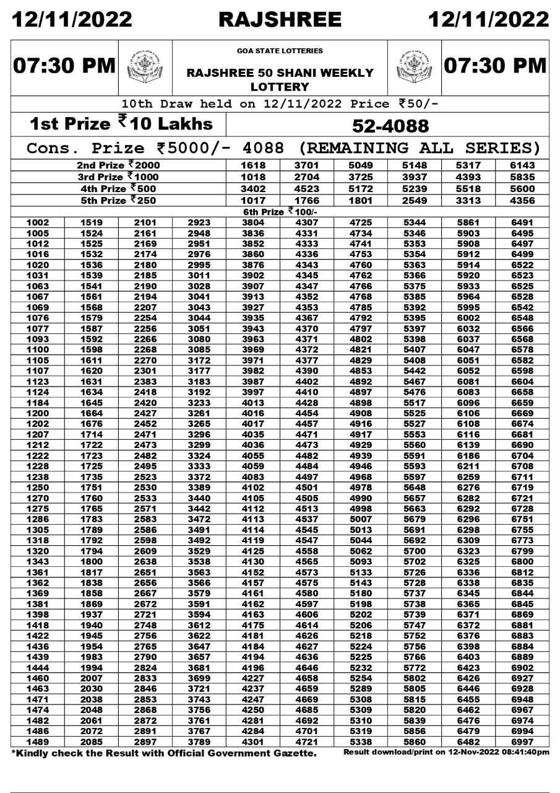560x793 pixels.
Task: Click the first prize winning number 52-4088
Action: click(x=390, y=126)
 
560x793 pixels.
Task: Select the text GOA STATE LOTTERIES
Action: click(x=280, y=51)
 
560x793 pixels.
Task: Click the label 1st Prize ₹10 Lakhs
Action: click(x=121, y=124)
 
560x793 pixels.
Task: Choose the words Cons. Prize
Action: click(x=85, y=149)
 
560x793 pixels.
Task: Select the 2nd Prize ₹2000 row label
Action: click(x=119, y=165)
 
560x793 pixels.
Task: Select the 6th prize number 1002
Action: click(x=38, y=222)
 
